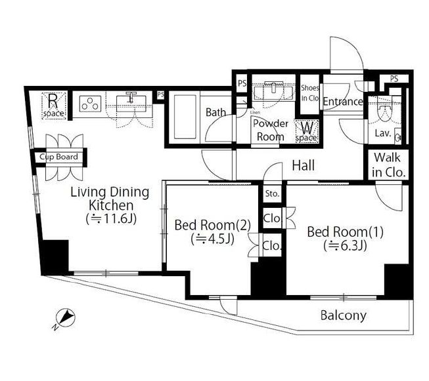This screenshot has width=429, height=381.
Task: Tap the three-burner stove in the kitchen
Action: (90, 104)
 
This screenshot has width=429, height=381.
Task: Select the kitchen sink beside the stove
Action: (131, 103)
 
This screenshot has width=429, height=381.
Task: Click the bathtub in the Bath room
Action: (185, 117)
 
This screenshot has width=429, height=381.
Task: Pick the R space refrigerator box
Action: (54, 106)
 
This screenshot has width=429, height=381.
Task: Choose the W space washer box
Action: (306, 131)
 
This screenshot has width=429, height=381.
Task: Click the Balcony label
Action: (344, 315)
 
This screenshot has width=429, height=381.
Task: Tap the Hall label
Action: (303, 165)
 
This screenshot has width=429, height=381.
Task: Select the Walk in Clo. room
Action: (388, 165)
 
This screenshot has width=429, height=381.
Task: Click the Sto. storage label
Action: (272, 194)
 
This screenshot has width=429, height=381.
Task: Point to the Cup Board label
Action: (58, 157)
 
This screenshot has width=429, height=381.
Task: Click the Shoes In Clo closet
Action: (309, 94)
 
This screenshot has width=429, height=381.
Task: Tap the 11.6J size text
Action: (111, 219)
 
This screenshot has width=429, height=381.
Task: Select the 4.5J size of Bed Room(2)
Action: (213, 239)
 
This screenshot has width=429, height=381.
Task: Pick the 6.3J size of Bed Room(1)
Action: (345, 245)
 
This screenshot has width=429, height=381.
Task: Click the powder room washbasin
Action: (273, 90)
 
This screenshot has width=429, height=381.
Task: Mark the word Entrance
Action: (343, 102)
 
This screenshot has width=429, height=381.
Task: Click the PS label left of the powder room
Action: (242, 83)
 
